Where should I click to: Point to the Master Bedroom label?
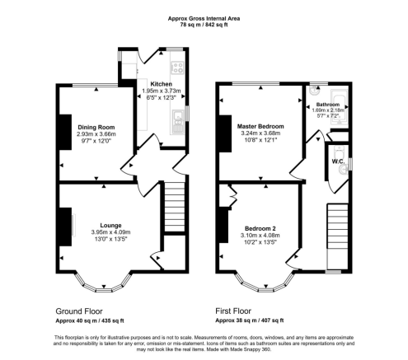pyautogui.click(x=260, y=126)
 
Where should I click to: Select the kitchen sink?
pyautogui.click(x=176, y=124)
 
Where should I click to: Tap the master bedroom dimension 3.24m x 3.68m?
pyautogui.click(x=260, y=133)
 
